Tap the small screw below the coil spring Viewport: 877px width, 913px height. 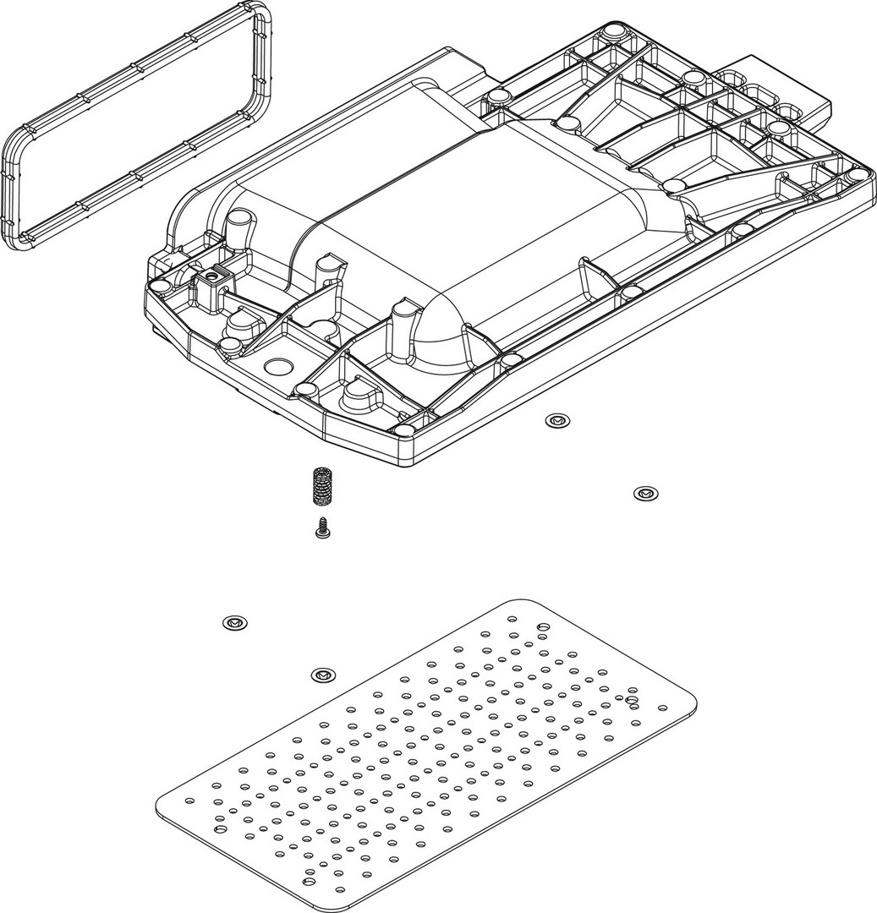tap(321, 528)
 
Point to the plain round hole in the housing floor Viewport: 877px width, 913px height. tap(277, 366)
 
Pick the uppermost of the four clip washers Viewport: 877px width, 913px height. tap(556, 419)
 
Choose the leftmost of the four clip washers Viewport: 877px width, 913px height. tap(234, 623)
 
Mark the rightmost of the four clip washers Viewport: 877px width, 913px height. tap(646, 492)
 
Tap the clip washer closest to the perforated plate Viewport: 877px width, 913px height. tap(321, 675)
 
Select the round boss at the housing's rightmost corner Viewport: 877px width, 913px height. tap(859, 176)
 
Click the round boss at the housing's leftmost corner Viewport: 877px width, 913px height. tap(158, 286)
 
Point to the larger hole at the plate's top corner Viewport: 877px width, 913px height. tap(543, 626)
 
